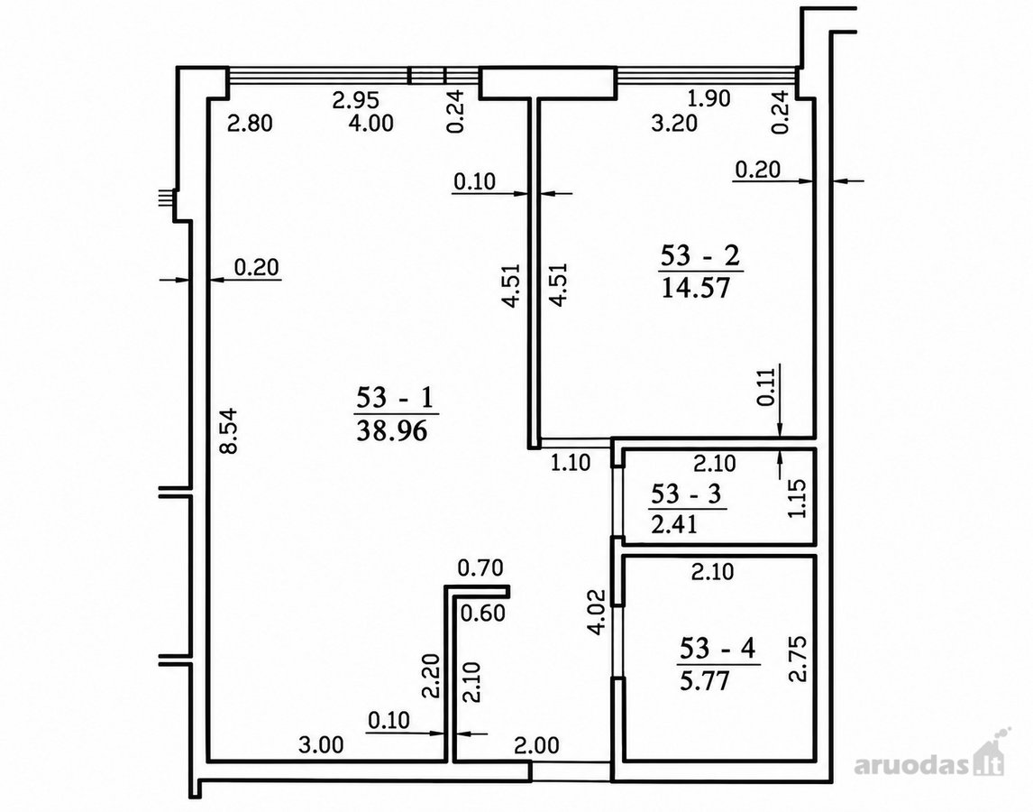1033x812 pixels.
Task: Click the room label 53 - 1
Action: pyautogui.click(x=394, y=398)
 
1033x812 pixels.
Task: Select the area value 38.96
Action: pyautogui.click(x=392, y=431)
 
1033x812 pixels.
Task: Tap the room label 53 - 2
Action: pyautogui.click(x=700, y=255)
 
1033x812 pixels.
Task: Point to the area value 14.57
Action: pyautogui.click(x=696, y=288)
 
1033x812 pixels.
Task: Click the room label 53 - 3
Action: pyautogui.click(x=687, y=494)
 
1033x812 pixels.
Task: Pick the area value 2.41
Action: pyautogui.click(x=674, y=525)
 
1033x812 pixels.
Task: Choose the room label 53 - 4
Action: pyautogui.click(x=718, y=649)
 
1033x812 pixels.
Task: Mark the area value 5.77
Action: pyautogui.click(x=704, y=680)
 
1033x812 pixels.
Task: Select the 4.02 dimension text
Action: pyautogui.click(x=598, y=613)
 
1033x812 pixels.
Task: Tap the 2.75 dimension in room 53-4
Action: pyautogui.click(x=798, y=659)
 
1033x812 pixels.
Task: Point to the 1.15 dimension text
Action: pyautogui.click(x=797, y=498)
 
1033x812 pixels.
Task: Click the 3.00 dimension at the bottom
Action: pyautogui.click(x=321, y=744)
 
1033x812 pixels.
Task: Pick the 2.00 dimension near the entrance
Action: pyautogui.click(x=536, y=745)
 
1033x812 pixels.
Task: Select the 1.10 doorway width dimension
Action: pyautogui.click(x=571, y=463)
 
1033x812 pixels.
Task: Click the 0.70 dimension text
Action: pyautogui.click(x=480, y=567)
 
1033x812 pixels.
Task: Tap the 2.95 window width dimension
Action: pyautogui.click(x=356, y=99)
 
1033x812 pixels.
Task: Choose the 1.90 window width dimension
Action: pyautogui.click(x=708, y=98)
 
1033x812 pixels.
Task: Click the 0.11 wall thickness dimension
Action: pyautogui.click(x=766, y=386)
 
